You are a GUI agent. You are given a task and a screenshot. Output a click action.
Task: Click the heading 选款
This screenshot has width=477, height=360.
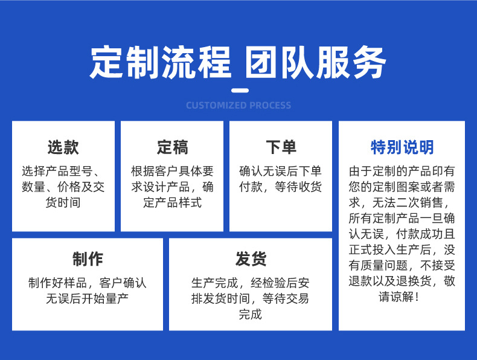tap(63, 147)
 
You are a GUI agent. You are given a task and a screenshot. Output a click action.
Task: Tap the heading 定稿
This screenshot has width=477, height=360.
tap(172, 147)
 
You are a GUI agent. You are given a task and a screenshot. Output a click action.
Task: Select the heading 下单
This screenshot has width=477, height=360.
tap(281, 147)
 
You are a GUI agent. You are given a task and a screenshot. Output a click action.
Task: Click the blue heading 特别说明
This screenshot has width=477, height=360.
tap(402, 147)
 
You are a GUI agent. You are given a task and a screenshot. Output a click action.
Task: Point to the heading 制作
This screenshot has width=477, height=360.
tap(88, 259)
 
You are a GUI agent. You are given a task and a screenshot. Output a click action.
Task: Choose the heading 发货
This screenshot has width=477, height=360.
tap(251, 259)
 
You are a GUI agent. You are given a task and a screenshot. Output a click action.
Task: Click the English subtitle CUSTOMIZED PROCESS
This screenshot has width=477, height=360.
tap(238, 105)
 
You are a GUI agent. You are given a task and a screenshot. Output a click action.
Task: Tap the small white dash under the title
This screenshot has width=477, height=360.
tap(240, 91)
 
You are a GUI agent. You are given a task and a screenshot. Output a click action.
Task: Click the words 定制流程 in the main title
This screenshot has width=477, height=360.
tap(161, 62)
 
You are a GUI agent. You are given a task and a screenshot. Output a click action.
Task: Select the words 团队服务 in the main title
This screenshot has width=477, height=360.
tap(316, 62)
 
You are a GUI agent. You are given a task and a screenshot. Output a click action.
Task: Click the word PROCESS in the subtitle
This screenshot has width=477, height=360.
tap(271, 105)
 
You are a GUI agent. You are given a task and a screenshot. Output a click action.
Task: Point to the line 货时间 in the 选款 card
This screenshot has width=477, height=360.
tap(63, 202)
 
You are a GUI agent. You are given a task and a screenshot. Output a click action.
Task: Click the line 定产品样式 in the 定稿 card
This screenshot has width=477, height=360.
tap(172, 202)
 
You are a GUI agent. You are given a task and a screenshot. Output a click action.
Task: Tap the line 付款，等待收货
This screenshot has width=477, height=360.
tap(281, 187)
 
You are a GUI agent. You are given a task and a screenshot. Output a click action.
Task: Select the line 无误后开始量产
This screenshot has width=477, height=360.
tap(88, 298)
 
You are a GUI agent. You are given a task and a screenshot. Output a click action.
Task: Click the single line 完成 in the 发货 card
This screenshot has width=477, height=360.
tap(251, 314)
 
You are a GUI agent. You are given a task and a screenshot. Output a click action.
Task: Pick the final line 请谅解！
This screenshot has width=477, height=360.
tap(399, 297)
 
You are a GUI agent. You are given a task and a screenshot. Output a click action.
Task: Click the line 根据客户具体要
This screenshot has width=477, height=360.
tap(172, 171)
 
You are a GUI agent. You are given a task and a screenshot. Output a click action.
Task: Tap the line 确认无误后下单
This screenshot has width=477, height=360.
tap(281, 171)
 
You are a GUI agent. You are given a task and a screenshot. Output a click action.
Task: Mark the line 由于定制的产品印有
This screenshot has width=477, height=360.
tap(402, 171)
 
